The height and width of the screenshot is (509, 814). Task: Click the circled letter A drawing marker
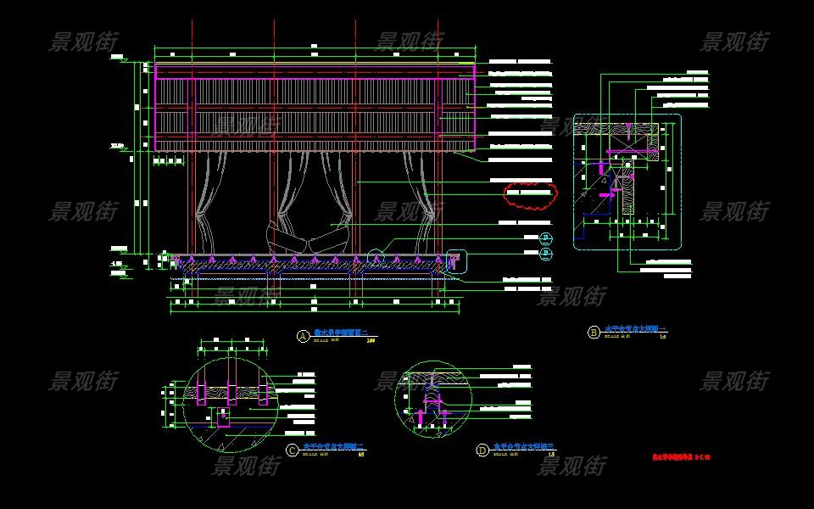[303, 336]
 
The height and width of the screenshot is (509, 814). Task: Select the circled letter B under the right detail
[594, 333]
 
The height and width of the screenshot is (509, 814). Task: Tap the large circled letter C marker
[293, 450]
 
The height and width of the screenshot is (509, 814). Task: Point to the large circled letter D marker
[482, 450]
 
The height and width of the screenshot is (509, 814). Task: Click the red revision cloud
[532, 195]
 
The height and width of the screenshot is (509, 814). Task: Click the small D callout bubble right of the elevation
[546, 238]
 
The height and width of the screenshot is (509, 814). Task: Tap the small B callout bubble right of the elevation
[546, 253]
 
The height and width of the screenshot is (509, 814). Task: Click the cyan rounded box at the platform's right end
[455, 260]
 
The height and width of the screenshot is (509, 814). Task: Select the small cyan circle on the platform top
[377, 252]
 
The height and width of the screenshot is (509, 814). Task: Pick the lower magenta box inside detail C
[222, 418]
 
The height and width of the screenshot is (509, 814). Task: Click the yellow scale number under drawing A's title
[370, 341]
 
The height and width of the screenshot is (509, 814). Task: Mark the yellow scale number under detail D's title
[552, 455]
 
